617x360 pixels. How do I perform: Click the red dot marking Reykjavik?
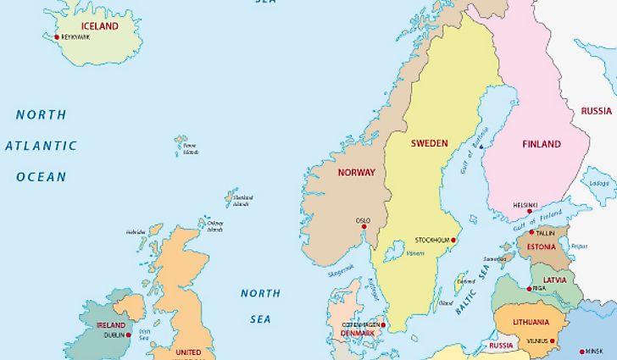[57, 37]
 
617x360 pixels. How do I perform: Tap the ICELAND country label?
[99, 25]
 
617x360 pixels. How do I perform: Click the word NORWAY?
[356, 173]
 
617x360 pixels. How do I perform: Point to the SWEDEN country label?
[429, 143]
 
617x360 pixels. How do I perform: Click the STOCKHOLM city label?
[431, 240]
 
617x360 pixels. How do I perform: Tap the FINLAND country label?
[542, 144]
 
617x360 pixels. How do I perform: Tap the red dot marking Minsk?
[581, 351]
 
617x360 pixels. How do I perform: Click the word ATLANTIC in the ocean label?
[41, 146]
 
